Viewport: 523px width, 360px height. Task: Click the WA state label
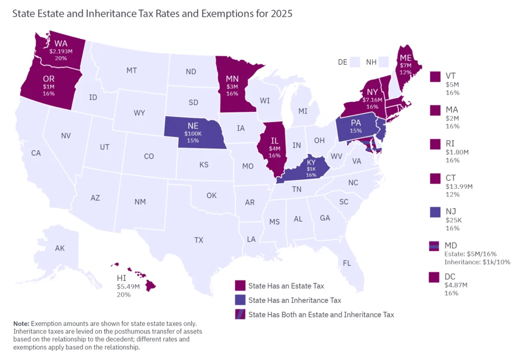point(61,43)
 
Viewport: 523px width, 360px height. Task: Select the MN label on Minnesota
point(232,79)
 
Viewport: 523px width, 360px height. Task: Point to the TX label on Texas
point(199,239)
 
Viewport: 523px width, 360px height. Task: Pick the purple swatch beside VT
point(435,77)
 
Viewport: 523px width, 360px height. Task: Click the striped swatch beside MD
point(435,246)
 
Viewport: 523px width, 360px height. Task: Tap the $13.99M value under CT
point(459,186)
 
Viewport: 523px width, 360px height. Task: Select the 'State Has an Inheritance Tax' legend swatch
point(240,300)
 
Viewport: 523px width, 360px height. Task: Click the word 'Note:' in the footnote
point(21,324)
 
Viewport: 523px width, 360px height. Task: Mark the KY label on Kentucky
point(311,162)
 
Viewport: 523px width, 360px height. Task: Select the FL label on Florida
point(347,263)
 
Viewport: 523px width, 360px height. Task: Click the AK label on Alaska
point(60,248)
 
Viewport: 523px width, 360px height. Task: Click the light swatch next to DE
point(356,62)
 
